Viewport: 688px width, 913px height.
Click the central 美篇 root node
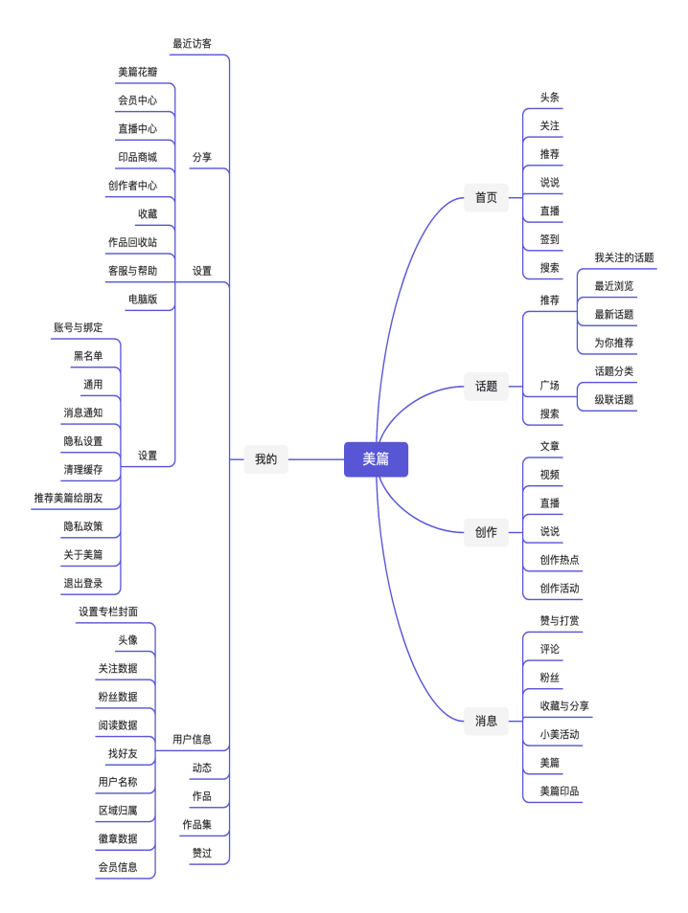tap(376, 459)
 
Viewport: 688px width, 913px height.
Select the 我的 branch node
tap(265, 459)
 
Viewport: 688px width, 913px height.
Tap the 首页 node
tap(486, 197)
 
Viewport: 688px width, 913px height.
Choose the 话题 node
tap(486, 386)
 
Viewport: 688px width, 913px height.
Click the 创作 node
tap(486, 532)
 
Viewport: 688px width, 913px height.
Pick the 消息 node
tap(486, 721)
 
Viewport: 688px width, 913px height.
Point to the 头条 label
tap(549, 97)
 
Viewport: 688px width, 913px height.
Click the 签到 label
tap(549, 239)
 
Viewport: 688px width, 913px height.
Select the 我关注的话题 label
tap(624, 257)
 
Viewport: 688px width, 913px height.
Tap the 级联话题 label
tap(613, 399)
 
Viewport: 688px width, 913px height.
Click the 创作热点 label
tap(559, 559)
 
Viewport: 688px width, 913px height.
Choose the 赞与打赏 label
tap(559, 620)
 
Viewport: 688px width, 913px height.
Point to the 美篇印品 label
tap(559, 791)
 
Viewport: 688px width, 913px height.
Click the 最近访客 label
tap(192, 43)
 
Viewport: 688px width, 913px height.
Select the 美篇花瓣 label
tap(137, 72)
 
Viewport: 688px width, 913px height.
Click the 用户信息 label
tap(192, 739)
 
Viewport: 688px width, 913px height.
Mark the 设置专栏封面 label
tap(107, 611)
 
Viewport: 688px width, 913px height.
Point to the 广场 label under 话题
tap(549, 385)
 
